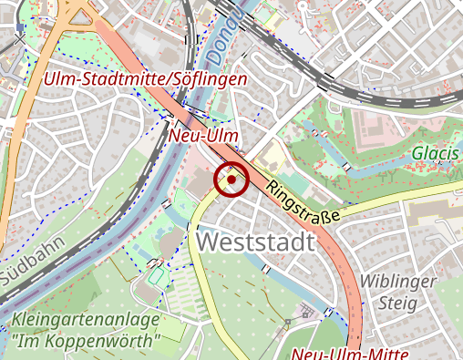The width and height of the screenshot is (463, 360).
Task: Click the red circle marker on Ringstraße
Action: pyautogui.click(x=231, y=180)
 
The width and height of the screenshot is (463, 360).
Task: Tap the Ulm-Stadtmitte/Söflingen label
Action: pyautogui.click(x=146, y=80)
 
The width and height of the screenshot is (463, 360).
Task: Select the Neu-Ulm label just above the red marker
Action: pyautogui.click(x=204, y=136)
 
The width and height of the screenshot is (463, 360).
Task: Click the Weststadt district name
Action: pyautogui.click(x=254, y=242)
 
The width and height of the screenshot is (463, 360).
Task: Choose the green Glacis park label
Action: pyautogui.click(x=434, y=153)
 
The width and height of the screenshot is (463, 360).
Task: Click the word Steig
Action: pyautogui.click(x=398, y=303)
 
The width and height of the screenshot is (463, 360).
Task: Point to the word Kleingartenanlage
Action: pyautogui.click(x=86, y=321)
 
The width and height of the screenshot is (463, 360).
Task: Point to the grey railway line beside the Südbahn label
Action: pyautogui.click(x=55, y=273)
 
